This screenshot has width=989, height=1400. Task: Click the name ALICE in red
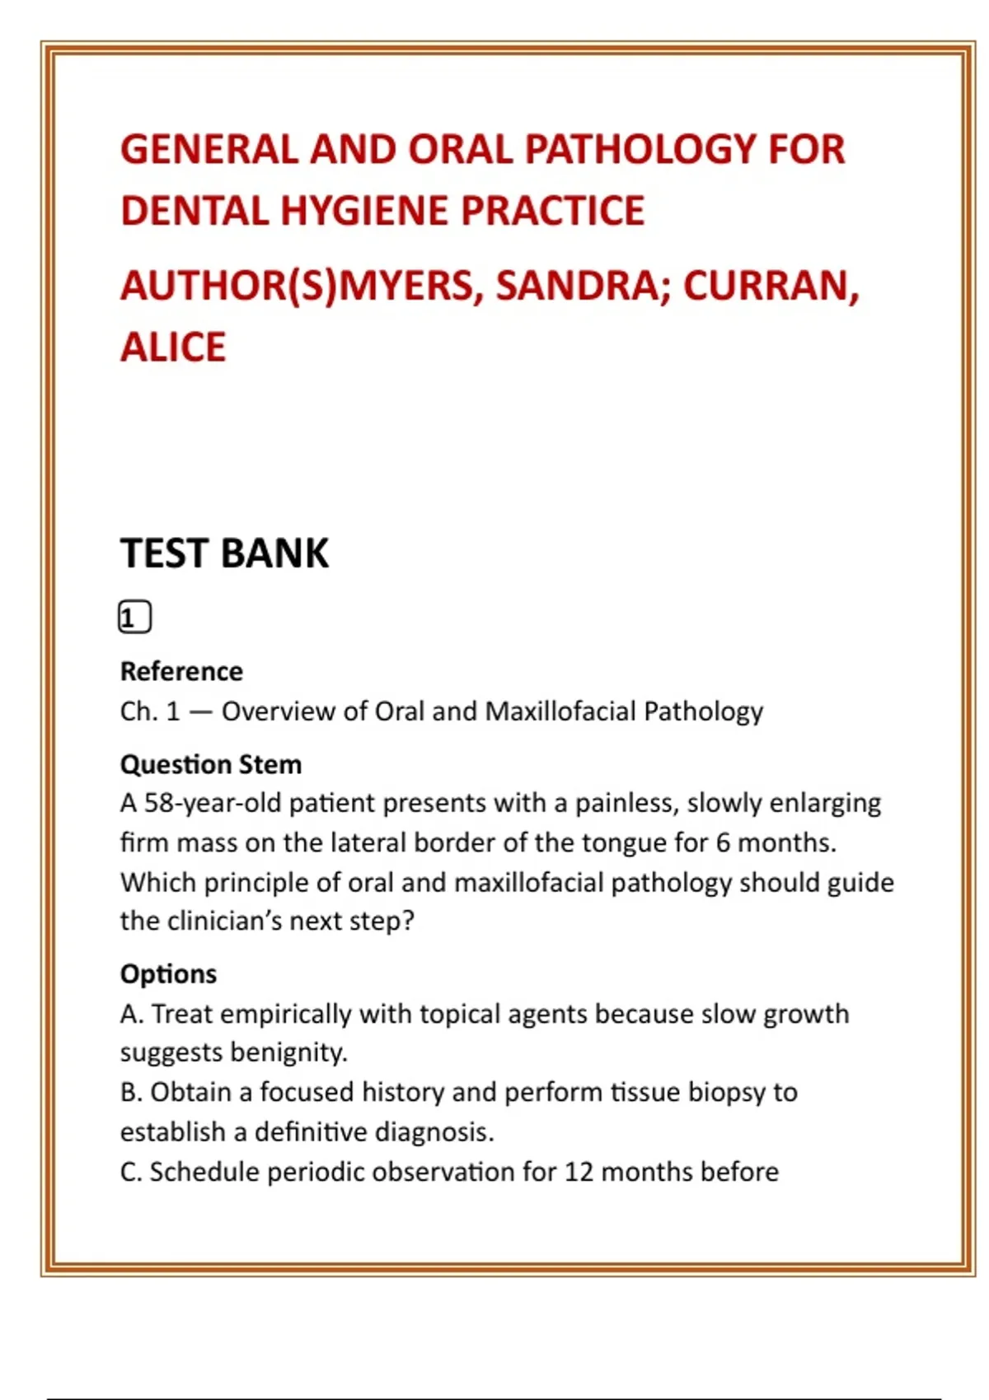pos(173,347)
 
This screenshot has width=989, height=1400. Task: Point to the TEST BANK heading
pos(224,553)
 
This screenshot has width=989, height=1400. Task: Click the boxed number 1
pos(134,617)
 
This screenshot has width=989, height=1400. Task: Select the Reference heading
pos(181,671)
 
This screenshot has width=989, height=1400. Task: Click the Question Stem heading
pos(211,764)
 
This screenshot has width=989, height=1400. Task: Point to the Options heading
pos(168,973)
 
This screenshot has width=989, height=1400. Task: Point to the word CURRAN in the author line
pos(771,286)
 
